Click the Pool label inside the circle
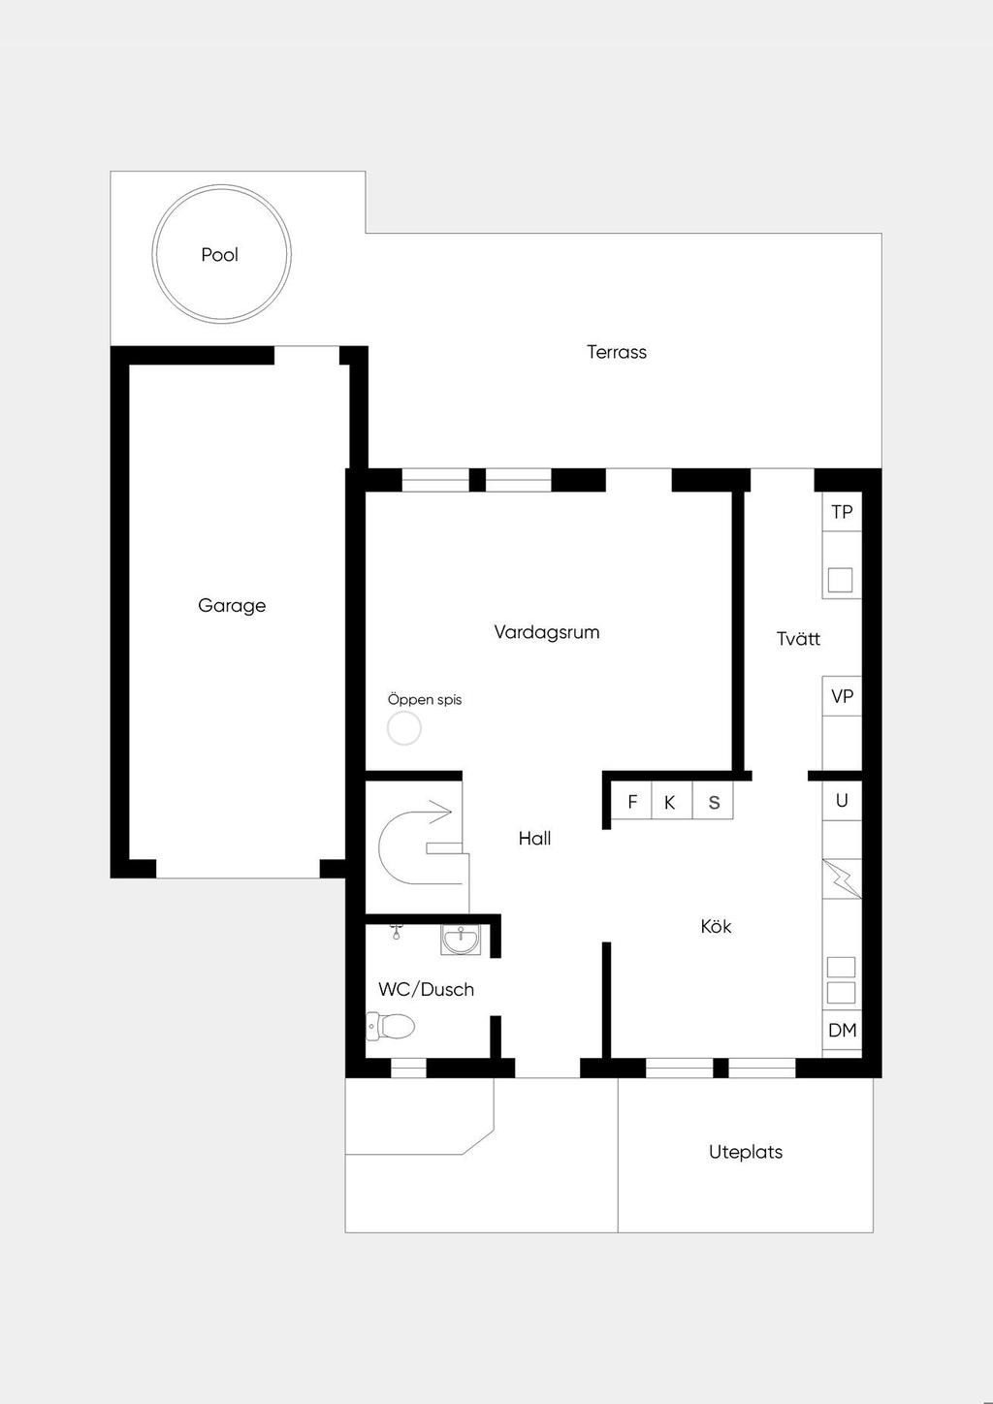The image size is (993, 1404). [219, 254]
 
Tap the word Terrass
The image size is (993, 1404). [616, 352]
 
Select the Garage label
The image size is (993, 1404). [232, 605]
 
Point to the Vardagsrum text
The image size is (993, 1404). [547, 632]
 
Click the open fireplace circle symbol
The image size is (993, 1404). [403, 728]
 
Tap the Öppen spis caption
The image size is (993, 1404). [425, 699]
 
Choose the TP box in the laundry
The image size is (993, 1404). [842, 512]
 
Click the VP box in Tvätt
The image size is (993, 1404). [842, 696]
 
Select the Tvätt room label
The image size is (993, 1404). [798, 639]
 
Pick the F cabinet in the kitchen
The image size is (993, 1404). [632, 801]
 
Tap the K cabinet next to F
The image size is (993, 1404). [672, 801]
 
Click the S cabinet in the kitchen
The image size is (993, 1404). [713, 801]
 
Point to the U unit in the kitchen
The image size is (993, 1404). [842, 800]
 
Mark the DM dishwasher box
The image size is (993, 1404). [842, 1030]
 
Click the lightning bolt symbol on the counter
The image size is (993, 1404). [842, 878]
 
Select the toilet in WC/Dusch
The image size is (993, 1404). [390, 1027]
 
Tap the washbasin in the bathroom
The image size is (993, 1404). [461, 940]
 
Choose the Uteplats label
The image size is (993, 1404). [746, 1152]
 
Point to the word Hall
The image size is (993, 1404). [534, 838]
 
